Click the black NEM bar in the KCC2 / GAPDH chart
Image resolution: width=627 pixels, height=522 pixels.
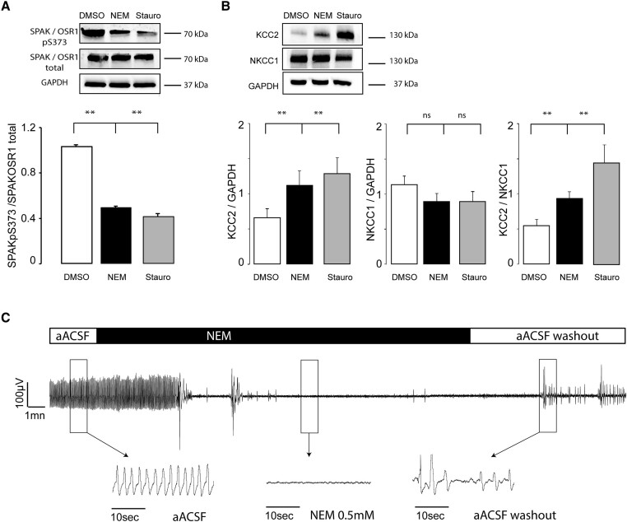304,223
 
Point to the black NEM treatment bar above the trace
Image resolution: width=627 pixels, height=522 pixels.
284,336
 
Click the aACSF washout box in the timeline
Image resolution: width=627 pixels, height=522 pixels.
547,336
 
